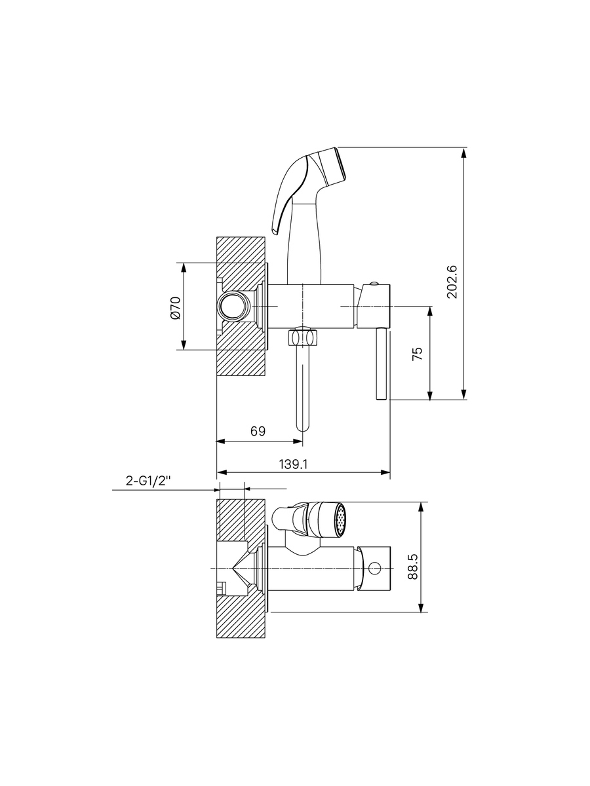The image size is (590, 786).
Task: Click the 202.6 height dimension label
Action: click(x=452, y=282)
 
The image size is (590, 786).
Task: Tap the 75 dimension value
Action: click(x=418, y=354)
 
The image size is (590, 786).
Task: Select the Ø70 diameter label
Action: click(x=176, y=309)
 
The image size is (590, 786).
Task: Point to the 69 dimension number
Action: click(x=258, y=431)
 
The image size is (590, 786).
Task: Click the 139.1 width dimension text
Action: click(x=294, y=464)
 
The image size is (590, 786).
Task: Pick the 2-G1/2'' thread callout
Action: click(x=147, y=481)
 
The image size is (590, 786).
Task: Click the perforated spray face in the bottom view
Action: click(x=341, y=519)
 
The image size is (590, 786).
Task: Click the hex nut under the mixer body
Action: click(x=303, y=337)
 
